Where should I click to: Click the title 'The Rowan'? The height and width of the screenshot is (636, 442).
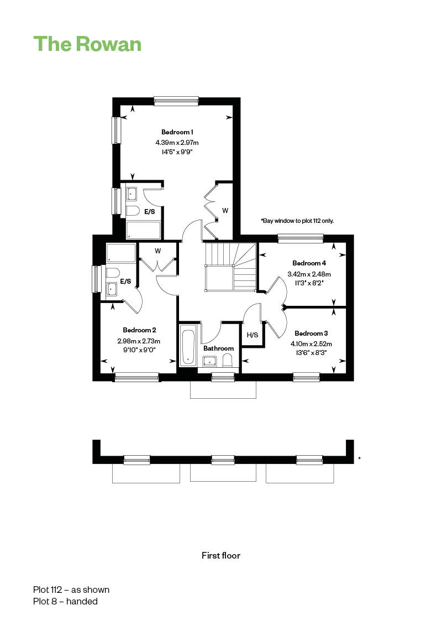[x=87, y=44]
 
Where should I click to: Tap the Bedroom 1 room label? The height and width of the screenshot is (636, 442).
[x=177, y=132]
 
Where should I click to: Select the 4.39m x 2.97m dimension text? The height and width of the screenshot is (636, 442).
[x=177, y=142]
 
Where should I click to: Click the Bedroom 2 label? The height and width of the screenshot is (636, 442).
[x=139, y=330]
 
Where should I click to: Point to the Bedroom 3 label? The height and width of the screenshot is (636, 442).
[x=311, y=333]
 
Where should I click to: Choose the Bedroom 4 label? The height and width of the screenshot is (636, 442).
[x=309, y=263]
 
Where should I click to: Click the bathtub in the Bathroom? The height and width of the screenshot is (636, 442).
[x=189, y=346]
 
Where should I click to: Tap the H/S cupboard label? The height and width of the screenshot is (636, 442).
[x=252, y=335]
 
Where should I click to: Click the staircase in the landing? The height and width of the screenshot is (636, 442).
[x=230, y=267]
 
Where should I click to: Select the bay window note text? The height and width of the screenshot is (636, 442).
[x=297, y=221]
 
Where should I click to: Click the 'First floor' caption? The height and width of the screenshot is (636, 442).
[x=221, y=556]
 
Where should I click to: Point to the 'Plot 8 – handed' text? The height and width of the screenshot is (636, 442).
[x=65, y=602]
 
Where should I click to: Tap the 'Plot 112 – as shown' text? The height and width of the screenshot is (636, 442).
[x=71, y=590]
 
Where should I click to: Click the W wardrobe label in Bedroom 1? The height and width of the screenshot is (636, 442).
[x=225, y=211]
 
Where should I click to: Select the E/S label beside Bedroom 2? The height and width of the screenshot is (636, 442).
[x=125, y=281]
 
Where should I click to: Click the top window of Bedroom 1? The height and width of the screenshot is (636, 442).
[x=176, y=101]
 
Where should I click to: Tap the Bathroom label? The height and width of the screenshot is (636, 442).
[x=218, y=348]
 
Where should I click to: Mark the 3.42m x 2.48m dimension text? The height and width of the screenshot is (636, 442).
[x=309, y=274]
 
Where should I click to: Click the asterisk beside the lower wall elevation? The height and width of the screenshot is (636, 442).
[x=359, y=458]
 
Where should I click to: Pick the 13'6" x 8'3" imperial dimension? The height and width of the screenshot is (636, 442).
[x=311, y=353]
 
